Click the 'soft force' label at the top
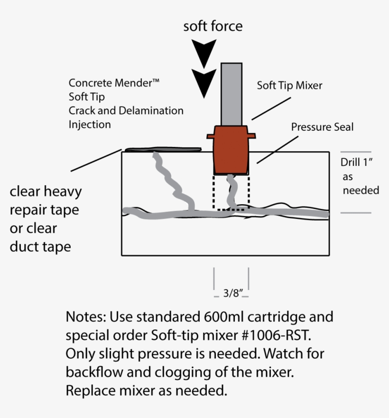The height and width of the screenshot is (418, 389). click(213, 26)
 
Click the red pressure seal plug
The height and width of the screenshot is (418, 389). click(231, 149)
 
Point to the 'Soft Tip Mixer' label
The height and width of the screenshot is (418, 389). click(289, 86)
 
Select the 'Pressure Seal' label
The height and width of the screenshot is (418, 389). click(322, 127)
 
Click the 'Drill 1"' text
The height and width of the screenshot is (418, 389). click(356, 162)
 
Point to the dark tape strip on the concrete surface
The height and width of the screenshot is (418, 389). click(161, 150)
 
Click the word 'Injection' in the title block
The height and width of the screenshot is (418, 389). click(90, 125)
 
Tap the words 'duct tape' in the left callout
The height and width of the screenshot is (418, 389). click(40, 247)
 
